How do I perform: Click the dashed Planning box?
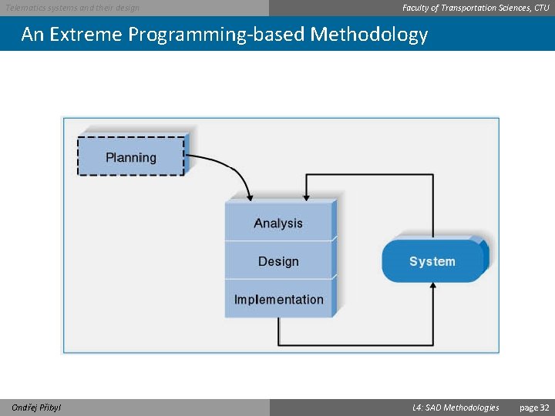coord(131,156)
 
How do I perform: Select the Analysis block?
coord(279,223)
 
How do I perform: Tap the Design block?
coord(279,261)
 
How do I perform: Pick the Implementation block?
coord(279,299)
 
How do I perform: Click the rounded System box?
coord(432,261)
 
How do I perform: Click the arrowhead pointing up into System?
coord(432,287)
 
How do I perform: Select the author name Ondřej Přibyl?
coord(36,408)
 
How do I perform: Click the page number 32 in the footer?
coord(534,408)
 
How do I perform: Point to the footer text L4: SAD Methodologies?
coord(456,408)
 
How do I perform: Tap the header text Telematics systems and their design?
coord(73,8)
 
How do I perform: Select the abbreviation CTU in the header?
coord(542,8)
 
